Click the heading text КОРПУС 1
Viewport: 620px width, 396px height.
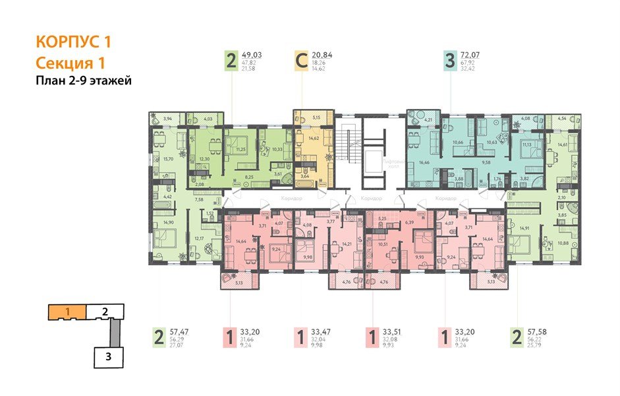tap(73, 42)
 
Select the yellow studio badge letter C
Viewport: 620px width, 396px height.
tap(300, 62)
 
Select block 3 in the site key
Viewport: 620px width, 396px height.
tap(107, 358)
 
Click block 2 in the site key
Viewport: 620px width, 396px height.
tap(105, 310)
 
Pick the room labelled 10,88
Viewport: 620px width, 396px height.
tap(564, 243)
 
